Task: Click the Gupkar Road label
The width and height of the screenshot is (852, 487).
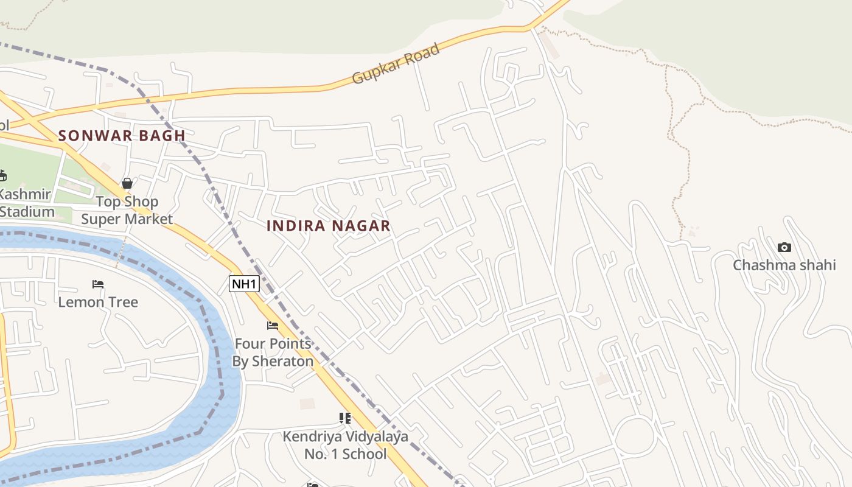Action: [x=396, y=64]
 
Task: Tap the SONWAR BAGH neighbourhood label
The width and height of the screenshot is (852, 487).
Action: [x=122, y=136]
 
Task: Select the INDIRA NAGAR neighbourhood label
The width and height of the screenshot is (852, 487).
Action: [x=329, y=226]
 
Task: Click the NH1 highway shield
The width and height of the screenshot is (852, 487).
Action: [x=244, y=283]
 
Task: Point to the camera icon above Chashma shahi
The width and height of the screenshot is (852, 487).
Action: [x=784, y=247]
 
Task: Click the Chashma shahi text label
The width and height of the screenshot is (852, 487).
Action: [x=784, y=265]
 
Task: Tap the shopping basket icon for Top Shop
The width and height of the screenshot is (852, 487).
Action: [x=127, y=183]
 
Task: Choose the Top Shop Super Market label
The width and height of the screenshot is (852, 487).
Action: [x=127, y=210]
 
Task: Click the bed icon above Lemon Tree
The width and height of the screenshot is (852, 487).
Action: [x=98, y=284]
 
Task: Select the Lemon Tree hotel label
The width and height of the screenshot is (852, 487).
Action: [x=98, y=302]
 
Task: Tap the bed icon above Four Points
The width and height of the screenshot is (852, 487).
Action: [x=273, y=326]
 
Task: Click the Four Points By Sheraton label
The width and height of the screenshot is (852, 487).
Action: [x=273, y=352]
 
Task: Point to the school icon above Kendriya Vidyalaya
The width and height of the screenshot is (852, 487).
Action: [x=345, y=418]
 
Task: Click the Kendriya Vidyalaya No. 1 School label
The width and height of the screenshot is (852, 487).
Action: [x=345, y=445]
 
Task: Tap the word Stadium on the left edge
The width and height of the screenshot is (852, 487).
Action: [x=27, y=212]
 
